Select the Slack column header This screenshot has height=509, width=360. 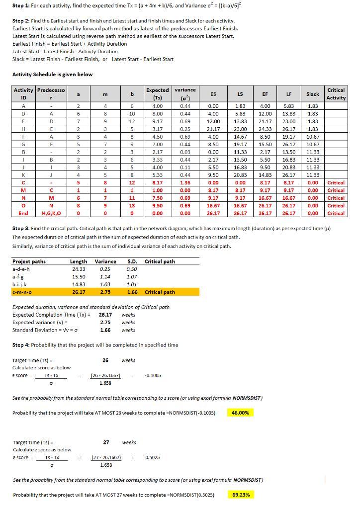[312, 93]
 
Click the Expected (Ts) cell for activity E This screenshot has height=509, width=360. [157, 121]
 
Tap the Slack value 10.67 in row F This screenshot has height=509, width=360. [312, 137]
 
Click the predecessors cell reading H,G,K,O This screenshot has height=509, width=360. [52, 213]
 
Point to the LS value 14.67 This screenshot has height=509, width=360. [240, 137]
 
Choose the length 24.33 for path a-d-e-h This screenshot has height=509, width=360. [79, 269]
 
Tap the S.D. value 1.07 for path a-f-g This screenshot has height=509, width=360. [132, 277]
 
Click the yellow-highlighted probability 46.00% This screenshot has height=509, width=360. [240, 413]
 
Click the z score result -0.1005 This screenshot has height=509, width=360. [152, 375]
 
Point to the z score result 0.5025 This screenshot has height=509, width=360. [153, 457]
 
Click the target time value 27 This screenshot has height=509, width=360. [106, 442]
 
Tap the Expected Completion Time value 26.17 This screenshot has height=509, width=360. [105, 315]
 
